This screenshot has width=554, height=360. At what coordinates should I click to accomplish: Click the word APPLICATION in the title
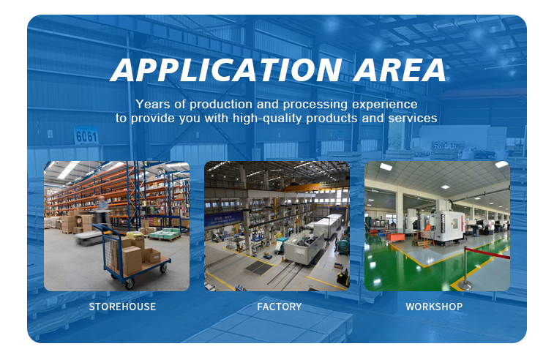(226, 70)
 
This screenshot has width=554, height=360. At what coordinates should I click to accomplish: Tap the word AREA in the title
(400, 70)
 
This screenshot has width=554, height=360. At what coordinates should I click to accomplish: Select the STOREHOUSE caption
(122, 307)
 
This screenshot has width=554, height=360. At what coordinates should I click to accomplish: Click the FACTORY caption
(279, 307)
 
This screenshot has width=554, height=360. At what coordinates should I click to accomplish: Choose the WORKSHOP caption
(434, 307)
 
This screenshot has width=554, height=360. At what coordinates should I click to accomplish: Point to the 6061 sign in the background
(86, 135)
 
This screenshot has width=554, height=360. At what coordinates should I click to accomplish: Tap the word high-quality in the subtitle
(267, 119)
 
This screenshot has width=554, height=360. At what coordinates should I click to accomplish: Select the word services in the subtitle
(413, 118)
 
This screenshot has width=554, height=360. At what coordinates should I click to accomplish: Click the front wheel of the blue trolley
(130, 283)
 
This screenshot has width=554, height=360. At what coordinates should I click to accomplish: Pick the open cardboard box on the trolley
(151, 255)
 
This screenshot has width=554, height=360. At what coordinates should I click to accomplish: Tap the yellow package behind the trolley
(135, 234)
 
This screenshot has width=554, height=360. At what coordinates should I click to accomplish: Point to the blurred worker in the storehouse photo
(102, 212)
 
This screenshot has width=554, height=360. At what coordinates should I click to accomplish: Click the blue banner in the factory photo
(223, 218)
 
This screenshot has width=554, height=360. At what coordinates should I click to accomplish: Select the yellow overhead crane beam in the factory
(311, 187)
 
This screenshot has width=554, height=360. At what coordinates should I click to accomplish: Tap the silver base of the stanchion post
(465, 285)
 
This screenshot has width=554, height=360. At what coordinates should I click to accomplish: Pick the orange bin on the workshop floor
(396, 237)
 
